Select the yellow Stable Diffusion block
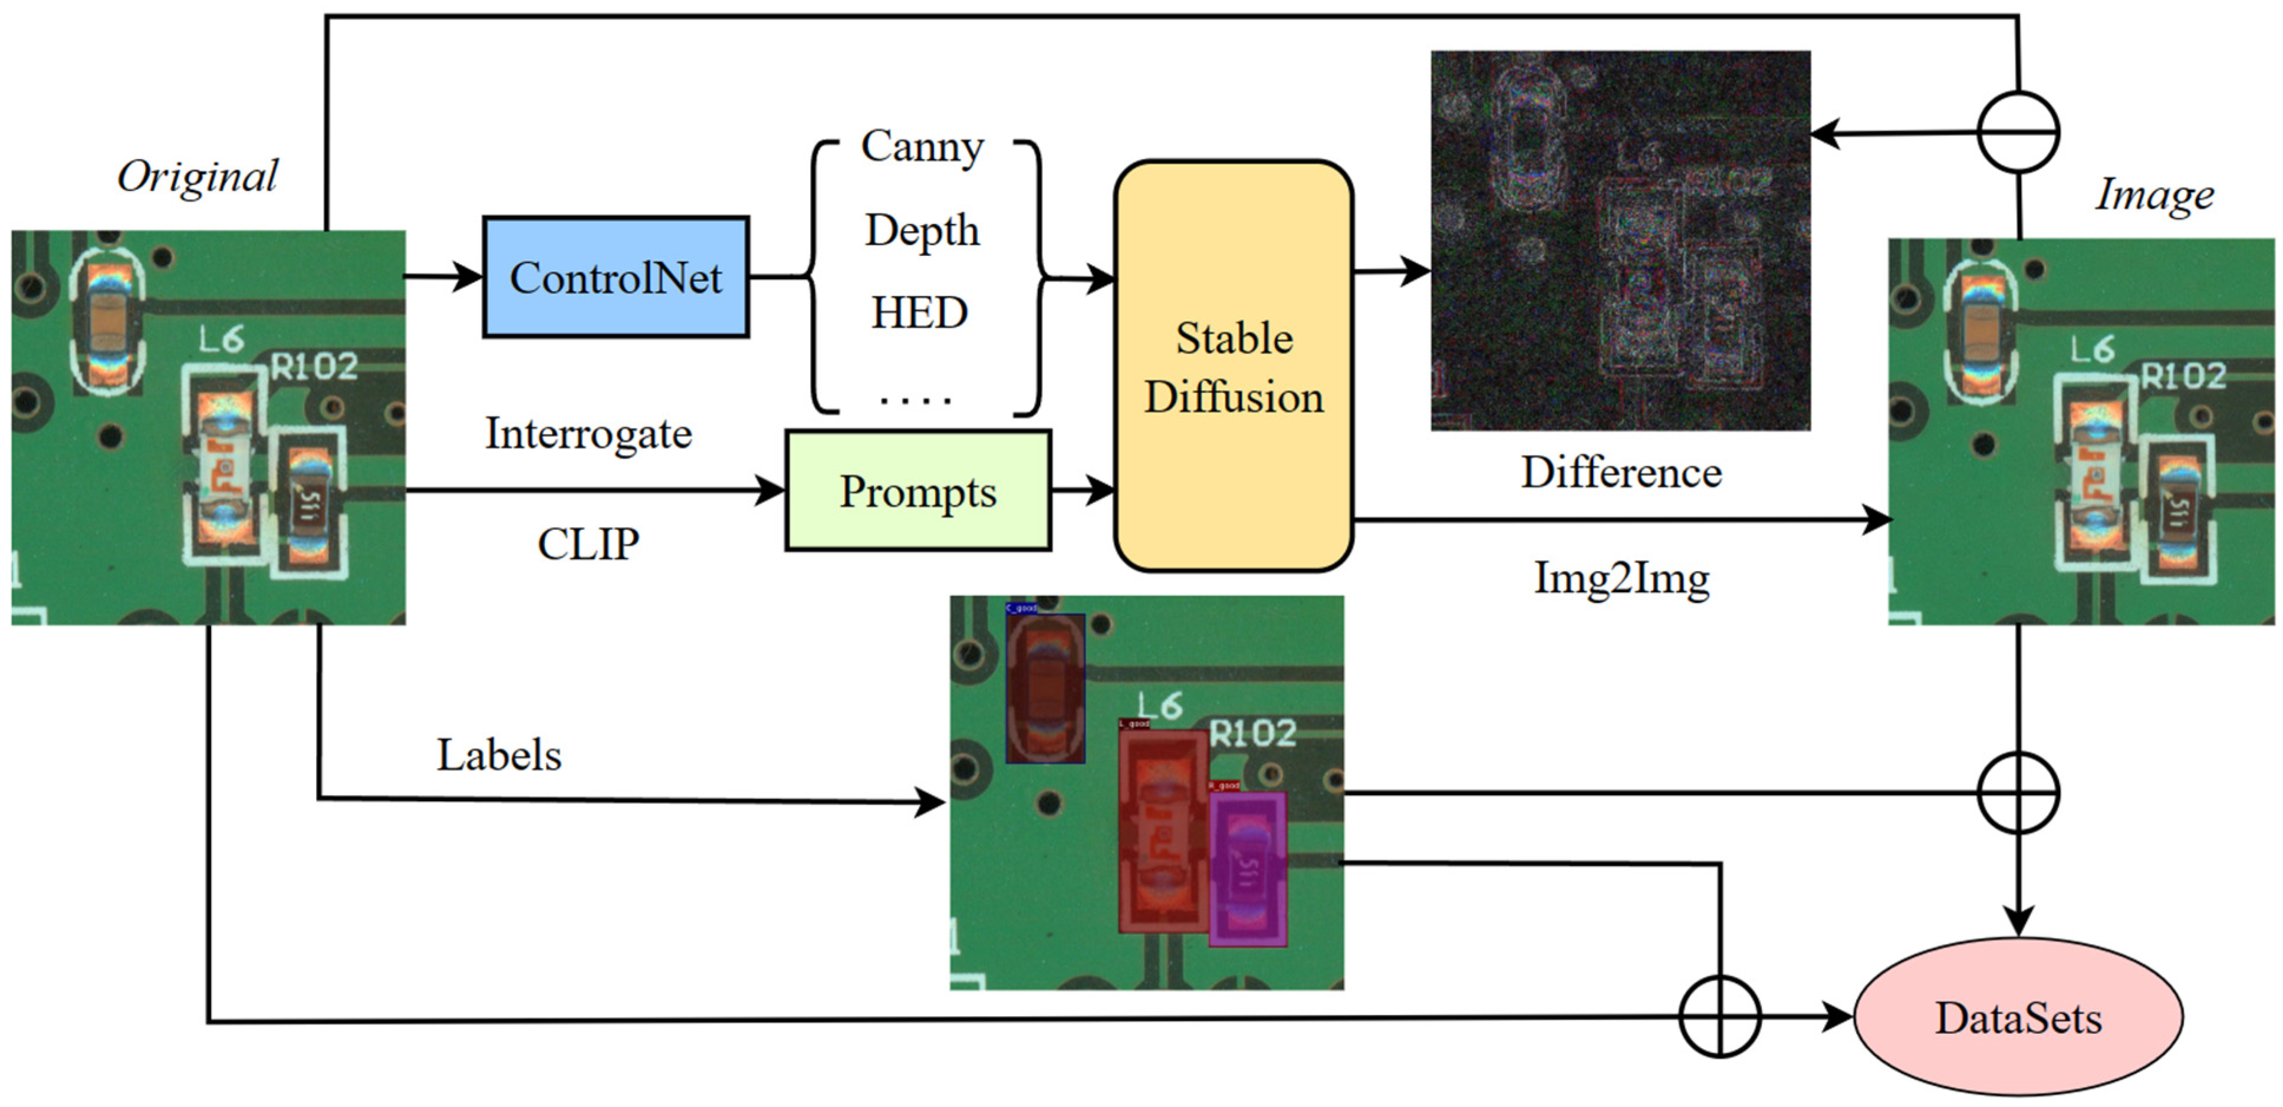pos(1233,366)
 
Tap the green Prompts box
pos(917,491)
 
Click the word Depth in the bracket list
pos(922,230)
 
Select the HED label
pos(919,313)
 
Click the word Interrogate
pos(588,434)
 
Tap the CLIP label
pos(588,543)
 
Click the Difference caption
pos(1621,472)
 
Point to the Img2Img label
pos(1621,579)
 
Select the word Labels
pos(499,755)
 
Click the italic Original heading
pos(198,176)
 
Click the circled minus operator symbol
pos(2018,132)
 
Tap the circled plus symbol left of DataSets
pos(1719,1017)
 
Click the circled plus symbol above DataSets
pos(2018,792)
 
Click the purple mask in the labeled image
pos(1247,869)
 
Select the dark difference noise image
pos(1620,241)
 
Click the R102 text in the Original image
pos(314,365)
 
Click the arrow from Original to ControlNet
pos(443,276)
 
